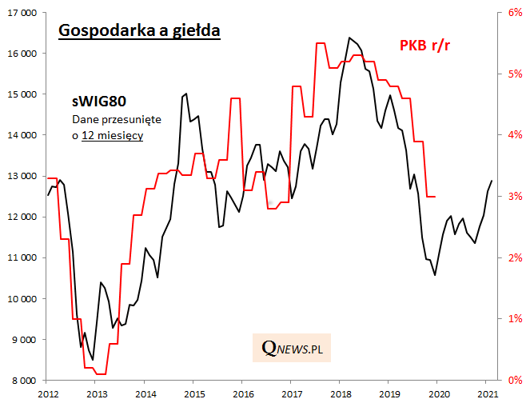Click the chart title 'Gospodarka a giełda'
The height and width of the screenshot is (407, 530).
tap(138, 30)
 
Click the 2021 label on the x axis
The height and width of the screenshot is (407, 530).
tap(486, 394)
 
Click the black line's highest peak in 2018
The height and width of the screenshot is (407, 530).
tap(349, 38)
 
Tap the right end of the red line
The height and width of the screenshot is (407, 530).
tap(435, 197)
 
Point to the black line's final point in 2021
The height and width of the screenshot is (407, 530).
tap(492, 181)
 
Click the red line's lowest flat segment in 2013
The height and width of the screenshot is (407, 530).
tap(101, 373)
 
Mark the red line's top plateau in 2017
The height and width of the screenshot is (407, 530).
tap(321, 43)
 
